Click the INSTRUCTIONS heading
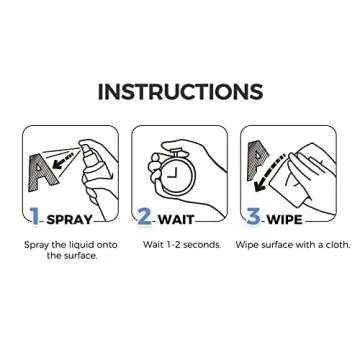click(180, 91)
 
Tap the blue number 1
click(34, 216)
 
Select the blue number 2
click(144, 216)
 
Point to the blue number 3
click(253, 216)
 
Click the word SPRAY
click(70, 220)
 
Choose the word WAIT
click(176, 220)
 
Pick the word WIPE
click(285, 220)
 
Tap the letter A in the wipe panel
click(258, 161)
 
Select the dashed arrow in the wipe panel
click(268, 174)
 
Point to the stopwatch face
click(176, 173)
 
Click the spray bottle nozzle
click(84, 147)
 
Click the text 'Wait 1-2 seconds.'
click(182, 245)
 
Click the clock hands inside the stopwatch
click(172, 173)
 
